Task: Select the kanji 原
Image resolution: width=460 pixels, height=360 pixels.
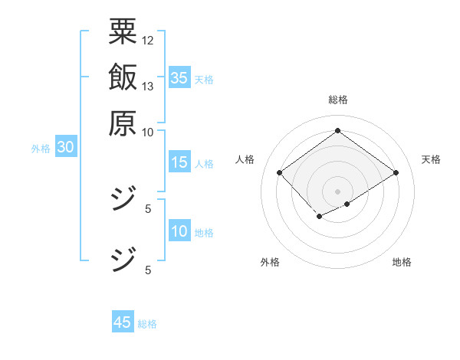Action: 123,122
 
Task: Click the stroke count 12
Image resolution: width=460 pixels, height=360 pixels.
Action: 148,40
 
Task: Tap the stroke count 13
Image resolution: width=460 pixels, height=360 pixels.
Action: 148,86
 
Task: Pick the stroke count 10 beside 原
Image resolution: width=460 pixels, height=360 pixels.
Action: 148,132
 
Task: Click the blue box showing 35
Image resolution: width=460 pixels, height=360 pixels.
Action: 179,78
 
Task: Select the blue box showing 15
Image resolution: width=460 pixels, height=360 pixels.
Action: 179,162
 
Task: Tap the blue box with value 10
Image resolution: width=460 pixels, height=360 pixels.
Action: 179,231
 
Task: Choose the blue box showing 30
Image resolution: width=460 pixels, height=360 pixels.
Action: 66,148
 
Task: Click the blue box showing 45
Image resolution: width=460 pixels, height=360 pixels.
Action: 123,322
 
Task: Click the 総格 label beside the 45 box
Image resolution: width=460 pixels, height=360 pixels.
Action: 147,324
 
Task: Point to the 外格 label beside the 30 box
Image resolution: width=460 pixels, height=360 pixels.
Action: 41,149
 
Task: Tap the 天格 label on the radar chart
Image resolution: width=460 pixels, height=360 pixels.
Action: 431,159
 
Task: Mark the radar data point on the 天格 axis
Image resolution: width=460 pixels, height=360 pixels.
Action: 396,173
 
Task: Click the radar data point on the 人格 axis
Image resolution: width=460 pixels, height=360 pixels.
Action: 280,173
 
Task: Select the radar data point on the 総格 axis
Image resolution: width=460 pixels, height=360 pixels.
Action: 337,130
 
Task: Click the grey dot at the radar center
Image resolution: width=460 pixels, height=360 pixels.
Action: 337,191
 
